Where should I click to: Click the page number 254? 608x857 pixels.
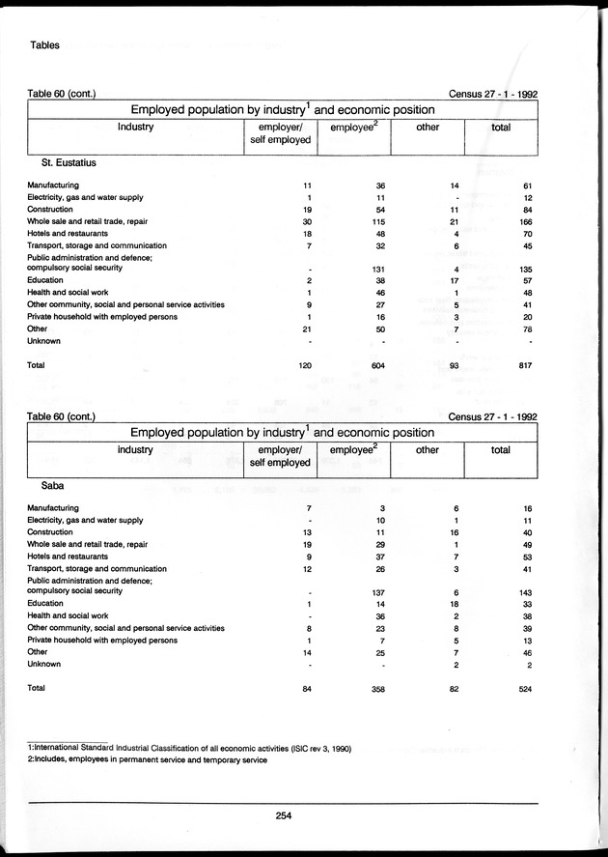283,815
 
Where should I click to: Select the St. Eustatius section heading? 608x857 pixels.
69,163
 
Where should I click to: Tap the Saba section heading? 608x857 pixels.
54,486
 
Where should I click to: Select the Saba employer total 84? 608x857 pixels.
308,688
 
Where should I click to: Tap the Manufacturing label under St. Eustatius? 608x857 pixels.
53,185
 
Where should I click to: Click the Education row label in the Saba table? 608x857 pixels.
46,604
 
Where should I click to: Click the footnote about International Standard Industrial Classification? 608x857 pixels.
188,749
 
